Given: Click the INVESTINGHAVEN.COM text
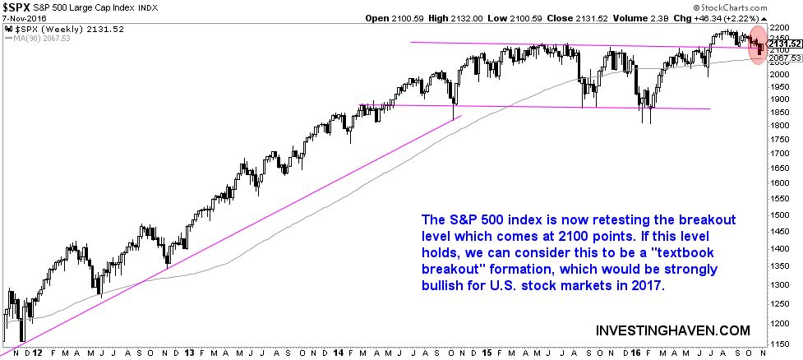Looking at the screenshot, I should coord(672,330).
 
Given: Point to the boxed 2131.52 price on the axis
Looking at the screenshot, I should coord(785,44).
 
